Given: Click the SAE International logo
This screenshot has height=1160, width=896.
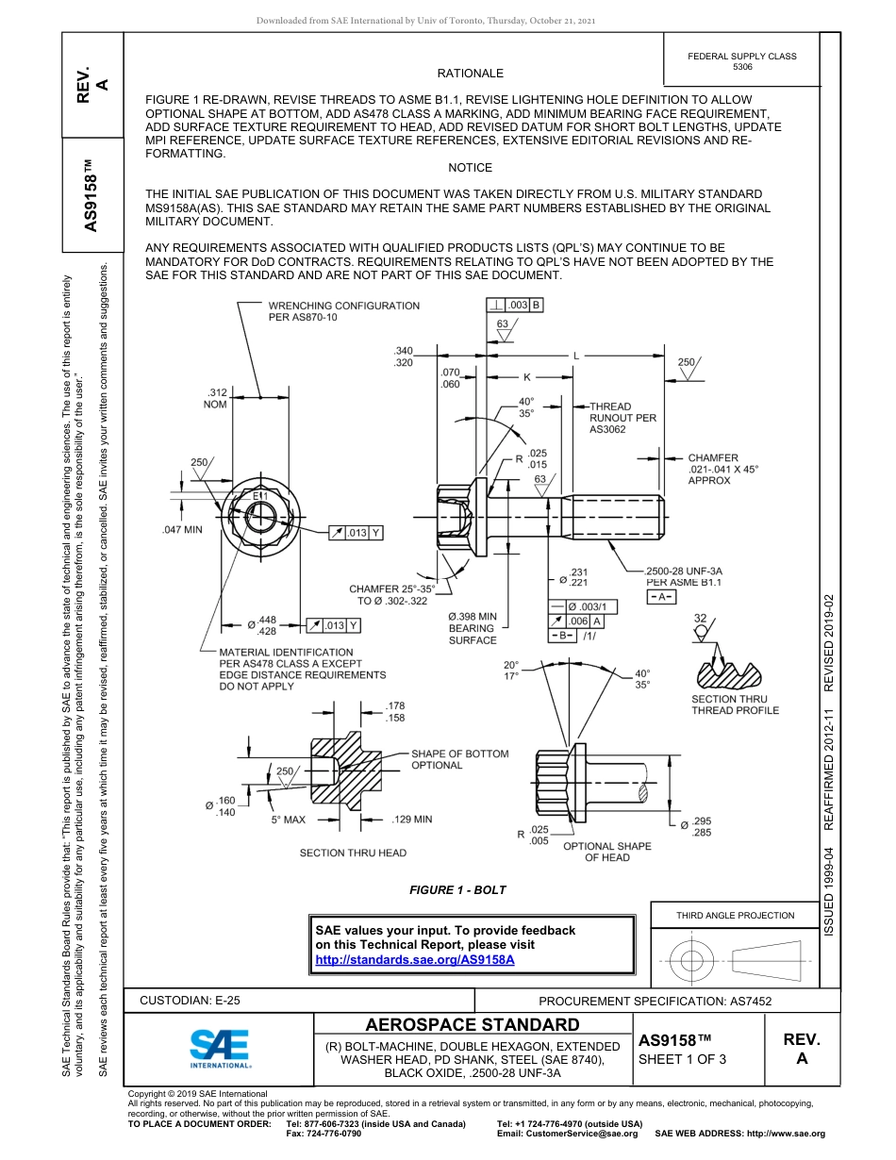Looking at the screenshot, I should click(220, 1046).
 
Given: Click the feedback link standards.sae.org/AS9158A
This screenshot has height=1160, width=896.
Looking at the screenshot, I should click(414, 959).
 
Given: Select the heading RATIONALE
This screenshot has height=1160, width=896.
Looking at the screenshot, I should click(470, 74).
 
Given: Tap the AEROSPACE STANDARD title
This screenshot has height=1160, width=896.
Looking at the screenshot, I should click(473, 1025).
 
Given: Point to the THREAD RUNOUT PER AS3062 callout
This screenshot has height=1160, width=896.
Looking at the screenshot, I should click(622, 418).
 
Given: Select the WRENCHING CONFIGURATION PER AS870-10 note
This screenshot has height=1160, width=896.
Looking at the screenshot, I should click(343, 311).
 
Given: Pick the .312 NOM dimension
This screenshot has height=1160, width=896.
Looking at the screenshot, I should click(217, 398).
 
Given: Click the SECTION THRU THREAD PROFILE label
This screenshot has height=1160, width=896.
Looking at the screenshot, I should click(735, 704).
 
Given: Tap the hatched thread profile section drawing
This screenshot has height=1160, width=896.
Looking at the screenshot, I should click(735, 671).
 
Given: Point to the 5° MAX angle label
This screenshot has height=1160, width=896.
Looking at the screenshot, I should click(288, 820).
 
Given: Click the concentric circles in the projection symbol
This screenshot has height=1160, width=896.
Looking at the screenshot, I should click(692, 961).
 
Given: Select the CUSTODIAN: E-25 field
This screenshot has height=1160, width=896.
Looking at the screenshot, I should click(196, 1001).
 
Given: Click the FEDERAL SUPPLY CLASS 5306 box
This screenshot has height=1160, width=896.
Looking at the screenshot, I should click(741, 62).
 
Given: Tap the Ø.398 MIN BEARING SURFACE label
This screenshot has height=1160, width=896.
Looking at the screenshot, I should click(473, 628).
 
